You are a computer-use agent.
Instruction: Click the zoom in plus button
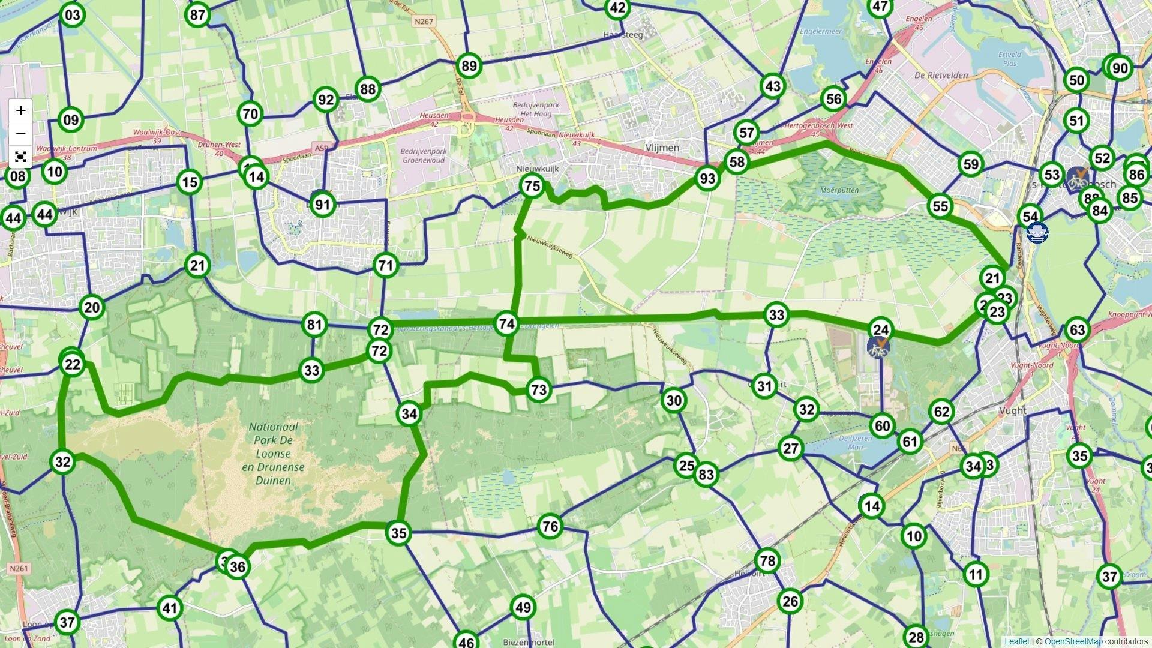pos(21,110)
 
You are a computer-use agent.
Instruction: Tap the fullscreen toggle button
pos(21,157)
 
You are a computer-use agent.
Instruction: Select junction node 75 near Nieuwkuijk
pos(532,187)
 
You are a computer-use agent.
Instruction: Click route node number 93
pos(707,178)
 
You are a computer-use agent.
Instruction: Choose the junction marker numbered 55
pos(940,206)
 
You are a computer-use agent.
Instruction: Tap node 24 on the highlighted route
pos(880,329)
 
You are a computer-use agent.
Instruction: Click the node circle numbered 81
pos(314,325)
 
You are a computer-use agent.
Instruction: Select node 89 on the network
pos(469,66)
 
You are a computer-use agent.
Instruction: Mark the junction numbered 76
pos(550,527)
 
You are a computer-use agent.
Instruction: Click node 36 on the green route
pos(238,567)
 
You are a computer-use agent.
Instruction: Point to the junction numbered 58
pos(736,162)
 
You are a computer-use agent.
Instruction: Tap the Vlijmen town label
pos(662,148)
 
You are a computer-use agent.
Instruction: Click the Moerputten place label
pos(839,190)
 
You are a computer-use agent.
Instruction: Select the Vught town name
pos(1012,411)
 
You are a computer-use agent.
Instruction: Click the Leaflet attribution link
pos(1016,641)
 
